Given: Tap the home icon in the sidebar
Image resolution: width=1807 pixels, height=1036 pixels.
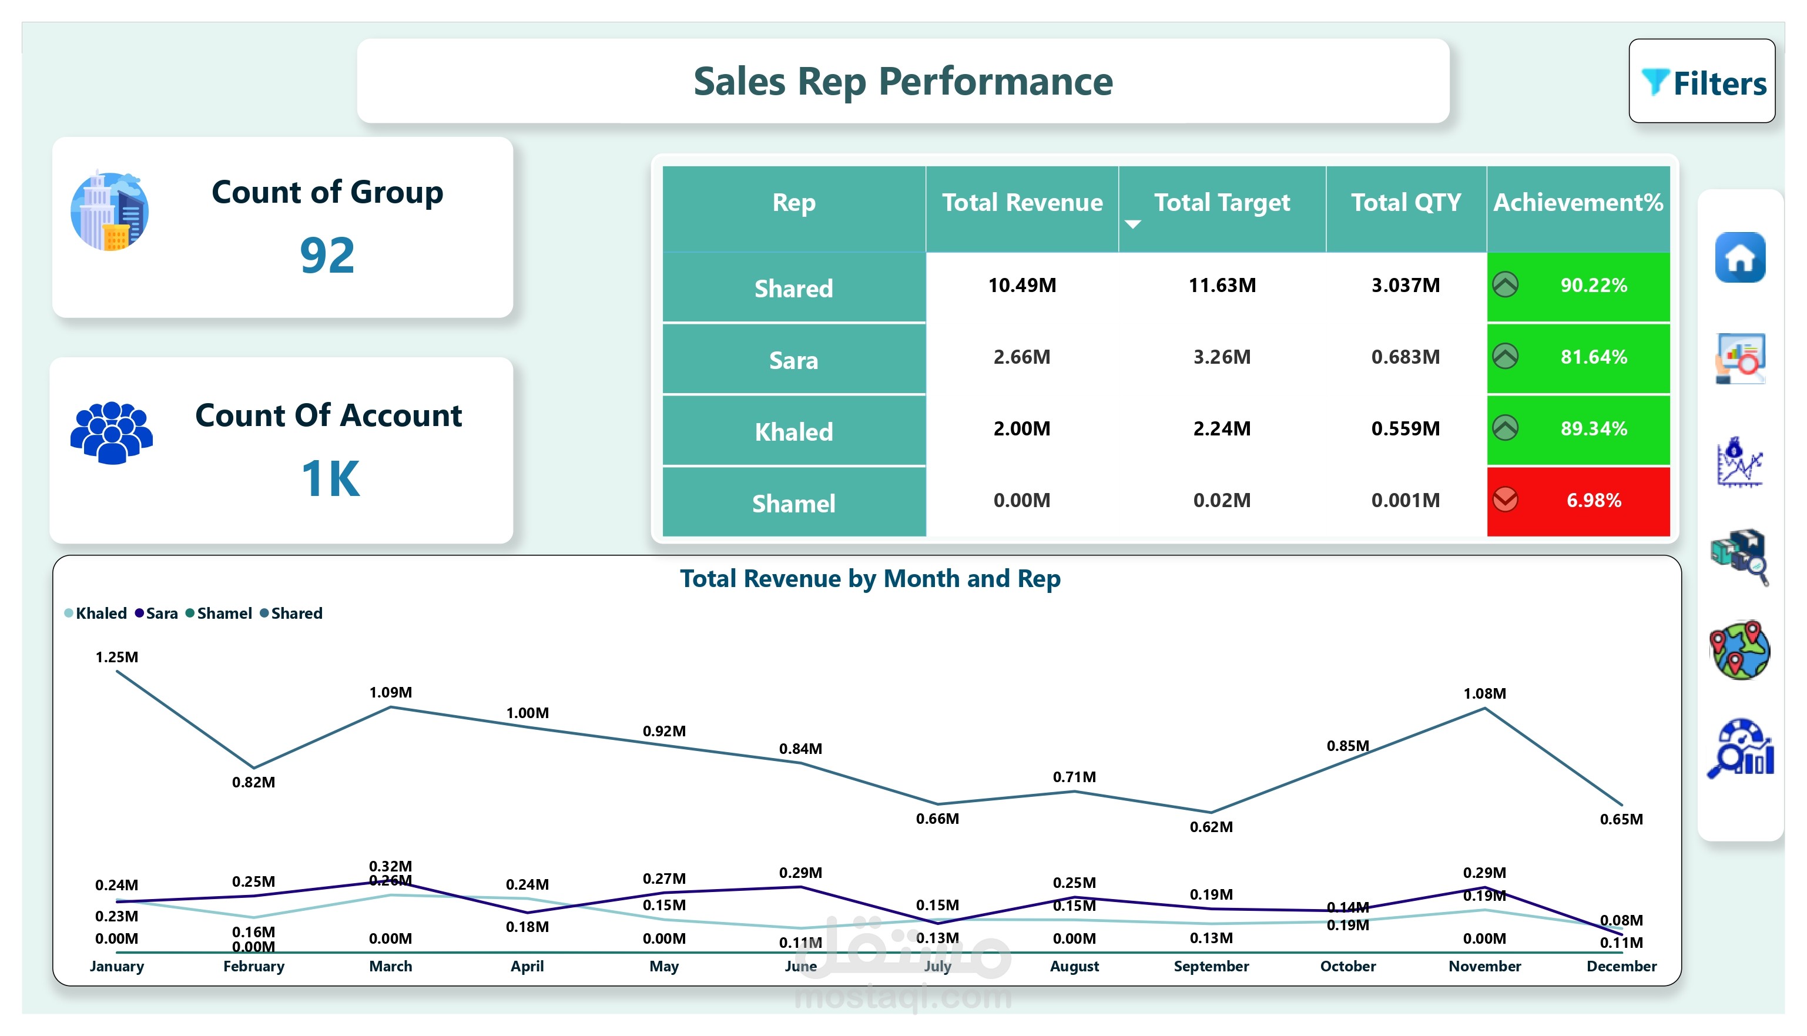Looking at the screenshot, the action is (x=1739, y=257).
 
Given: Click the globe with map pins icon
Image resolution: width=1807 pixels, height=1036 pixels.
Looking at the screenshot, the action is (x=1739, y=650).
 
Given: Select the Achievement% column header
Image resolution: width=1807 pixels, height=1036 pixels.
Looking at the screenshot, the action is (x=1578, y=203).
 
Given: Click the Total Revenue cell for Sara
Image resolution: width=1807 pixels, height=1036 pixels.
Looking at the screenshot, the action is (x=1021, y=357).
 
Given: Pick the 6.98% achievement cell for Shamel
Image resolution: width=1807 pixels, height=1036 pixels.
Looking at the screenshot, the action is (x=1578, y=501).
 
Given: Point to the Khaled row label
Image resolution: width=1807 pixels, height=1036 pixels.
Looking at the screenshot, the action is (x=793, y=432).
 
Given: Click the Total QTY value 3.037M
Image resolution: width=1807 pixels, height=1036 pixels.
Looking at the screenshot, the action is (x=1405, y=286).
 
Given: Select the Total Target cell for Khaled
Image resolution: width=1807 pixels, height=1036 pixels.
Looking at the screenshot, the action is (x=1222, y=429).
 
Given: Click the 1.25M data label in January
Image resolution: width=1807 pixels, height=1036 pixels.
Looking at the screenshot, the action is (x=117, y=657).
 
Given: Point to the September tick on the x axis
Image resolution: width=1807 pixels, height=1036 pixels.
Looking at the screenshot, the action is (x=1211, y=966).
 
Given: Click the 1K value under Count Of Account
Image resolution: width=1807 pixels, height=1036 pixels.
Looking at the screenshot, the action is (x=330, y=478).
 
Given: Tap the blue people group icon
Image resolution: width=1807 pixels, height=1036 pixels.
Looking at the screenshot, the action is (x=112, y=432).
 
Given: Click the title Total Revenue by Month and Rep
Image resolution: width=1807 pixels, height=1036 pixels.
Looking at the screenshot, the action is (x=870, y=578).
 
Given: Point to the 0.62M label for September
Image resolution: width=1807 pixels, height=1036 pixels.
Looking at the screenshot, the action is (x=1211, y=827).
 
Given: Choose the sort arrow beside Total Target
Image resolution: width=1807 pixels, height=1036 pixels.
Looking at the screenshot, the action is (x=1132, y=224).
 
